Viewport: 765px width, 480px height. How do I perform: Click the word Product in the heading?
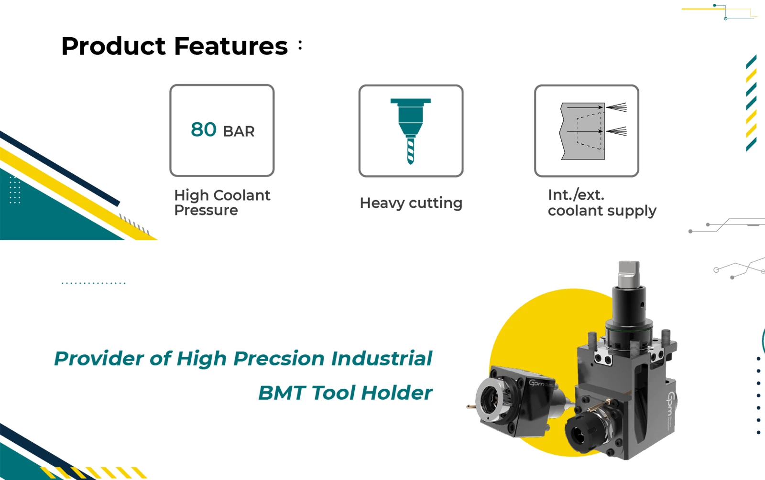(113, 46)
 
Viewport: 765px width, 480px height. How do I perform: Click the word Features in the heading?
(231, 46)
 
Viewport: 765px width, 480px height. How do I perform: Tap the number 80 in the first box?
(204, 129)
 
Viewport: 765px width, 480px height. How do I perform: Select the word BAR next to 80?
(239, 132)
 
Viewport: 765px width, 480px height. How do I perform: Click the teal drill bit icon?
(411, 131)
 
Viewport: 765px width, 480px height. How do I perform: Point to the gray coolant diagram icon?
(593, 131)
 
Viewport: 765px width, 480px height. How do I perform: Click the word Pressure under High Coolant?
(206, 210)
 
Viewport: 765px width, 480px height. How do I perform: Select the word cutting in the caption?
(436, 203)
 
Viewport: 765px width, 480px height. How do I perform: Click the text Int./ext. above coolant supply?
(576, 195)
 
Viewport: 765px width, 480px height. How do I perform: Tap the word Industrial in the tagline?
(382, 359)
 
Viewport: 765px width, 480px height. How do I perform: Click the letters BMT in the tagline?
(282, 393)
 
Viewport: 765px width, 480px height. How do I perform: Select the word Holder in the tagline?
(397, 393)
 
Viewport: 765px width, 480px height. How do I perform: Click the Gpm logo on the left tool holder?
(538, 383)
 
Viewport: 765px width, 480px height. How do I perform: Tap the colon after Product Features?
(300, 45)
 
